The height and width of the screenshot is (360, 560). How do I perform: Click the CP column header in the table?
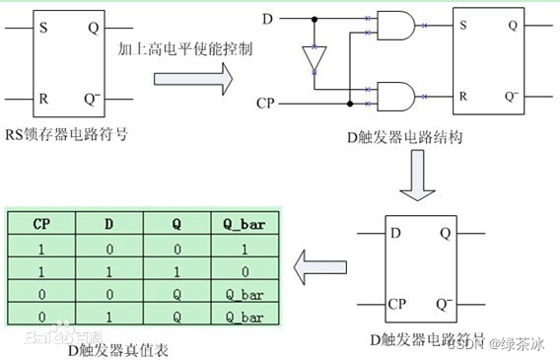click(x=41, y=223)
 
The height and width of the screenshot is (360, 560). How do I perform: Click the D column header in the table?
click(x=108, y=223)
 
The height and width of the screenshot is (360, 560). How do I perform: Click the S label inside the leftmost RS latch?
click(x=42, y=28)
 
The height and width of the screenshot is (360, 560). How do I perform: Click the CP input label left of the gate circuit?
click(x=265, y=102)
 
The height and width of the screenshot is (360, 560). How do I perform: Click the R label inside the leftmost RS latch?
click(x=42, y=99)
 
